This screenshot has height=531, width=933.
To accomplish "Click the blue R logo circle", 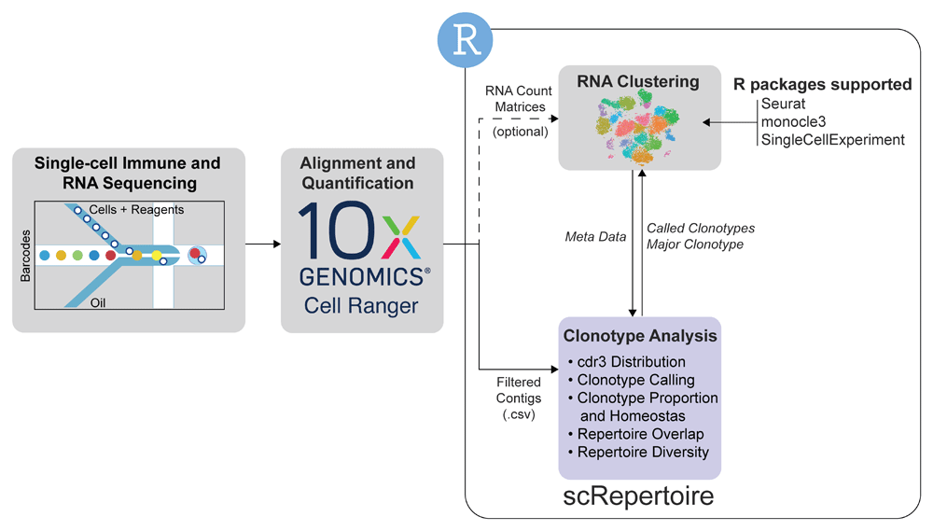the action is (x=466, y=40).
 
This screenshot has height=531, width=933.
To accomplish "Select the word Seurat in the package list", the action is (x=783, y=104).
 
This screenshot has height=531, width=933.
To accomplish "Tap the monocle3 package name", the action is (x=793, y=122).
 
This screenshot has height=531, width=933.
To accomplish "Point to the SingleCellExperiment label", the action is (x=832, y=140).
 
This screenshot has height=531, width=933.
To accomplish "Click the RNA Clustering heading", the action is (x=638, y=81).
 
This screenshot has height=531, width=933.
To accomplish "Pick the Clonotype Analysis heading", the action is (x=640, y=336).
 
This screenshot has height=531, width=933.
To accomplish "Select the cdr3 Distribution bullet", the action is (x=627, y=362).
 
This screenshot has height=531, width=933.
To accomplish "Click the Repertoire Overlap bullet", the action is (x=636, y=434).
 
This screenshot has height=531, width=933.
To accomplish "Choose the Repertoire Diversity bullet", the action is (x=638, y=453).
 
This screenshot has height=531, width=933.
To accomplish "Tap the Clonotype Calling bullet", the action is (x=632, y=380).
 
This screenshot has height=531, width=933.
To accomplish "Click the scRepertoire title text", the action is (x=638, y=496).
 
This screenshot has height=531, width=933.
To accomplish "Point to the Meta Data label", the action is (x=595, y=237).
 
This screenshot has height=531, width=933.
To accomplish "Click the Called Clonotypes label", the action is (x=701, y=228).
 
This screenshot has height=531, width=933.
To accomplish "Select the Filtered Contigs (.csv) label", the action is (x=519, y=398).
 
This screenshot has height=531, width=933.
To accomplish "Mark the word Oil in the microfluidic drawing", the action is (x=98, y=303).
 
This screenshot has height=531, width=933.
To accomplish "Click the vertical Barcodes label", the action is (x=25, y=256).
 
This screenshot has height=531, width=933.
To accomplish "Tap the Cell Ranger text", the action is (x=361, y=305).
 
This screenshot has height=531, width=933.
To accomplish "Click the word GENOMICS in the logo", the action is (x=362, y=277).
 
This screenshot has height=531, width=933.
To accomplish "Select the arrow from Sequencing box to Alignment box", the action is (x=263, y=244).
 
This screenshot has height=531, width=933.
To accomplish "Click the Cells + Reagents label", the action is (x=136, y=210).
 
